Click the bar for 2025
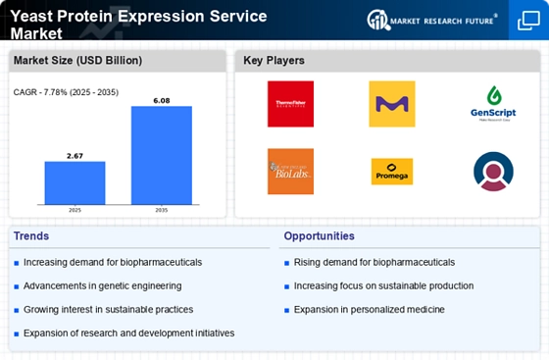pos(75,182)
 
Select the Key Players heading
pos(275,61)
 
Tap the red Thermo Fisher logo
pos(290,104)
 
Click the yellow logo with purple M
pos(391,104)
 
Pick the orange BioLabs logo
pos(290,172)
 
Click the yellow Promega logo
pos(391,172)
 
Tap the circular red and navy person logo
pos(492,172)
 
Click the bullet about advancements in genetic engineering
pos(103,285)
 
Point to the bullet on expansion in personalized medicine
pos(369,309)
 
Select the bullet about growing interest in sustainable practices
pos(109,309)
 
